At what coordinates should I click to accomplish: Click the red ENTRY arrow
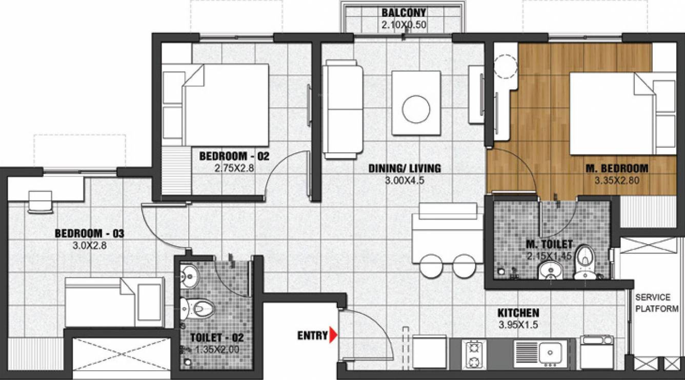click(333, 336)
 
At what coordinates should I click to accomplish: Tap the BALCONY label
click(404, 13)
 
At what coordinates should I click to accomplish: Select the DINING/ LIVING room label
click(405, 168)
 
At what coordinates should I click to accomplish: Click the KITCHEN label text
click(518, 313)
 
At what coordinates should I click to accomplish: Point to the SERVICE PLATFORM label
click(653, 303)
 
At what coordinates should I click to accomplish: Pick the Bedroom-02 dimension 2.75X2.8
click(234, 167)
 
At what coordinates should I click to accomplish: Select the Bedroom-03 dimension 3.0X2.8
click(90, 245)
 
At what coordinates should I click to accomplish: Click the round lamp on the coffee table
click(416, 108)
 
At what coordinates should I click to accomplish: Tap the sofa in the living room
click(342, 109)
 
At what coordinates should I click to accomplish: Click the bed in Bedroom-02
click(226, 105)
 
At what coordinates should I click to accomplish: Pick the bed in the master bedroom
click(620, 113)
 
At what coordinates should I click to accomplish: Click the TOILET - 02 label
click(216, 338)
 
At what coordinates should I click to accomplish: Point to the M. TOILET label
click(549, 246)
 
